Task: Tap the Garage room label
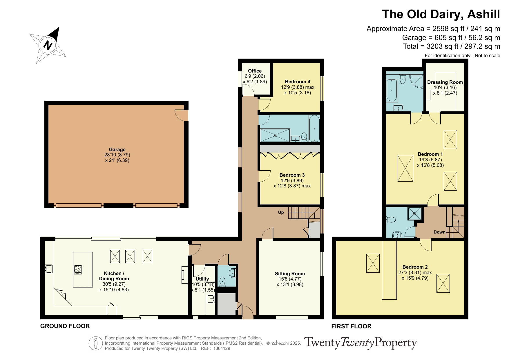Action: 117,150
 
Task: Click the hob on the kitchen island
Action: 78,270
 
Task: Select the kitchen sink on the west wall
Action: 48,269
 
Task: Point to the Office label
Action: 255,71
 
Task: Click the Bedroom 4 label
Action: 298,82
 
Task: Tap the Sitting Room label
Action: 290,274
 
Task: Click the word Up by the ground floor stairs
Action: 281,212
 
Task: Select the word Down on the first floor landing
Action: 439,232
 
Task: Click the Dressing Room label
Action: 445,82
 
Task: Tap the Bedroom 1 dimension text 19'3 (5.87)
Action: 430,160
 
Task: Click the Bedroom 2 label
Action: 415,267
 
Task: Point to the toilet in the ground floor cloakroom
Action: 222,281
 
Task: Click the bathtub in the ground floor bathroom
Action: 314,129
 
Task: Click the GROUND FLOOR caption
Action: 65,326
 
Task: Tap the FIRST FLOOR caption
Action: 351,326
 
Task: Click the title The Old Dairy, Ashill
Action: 441,14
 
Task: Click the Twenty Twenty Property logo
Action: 360,343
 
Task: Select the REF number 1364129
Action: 222,348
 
